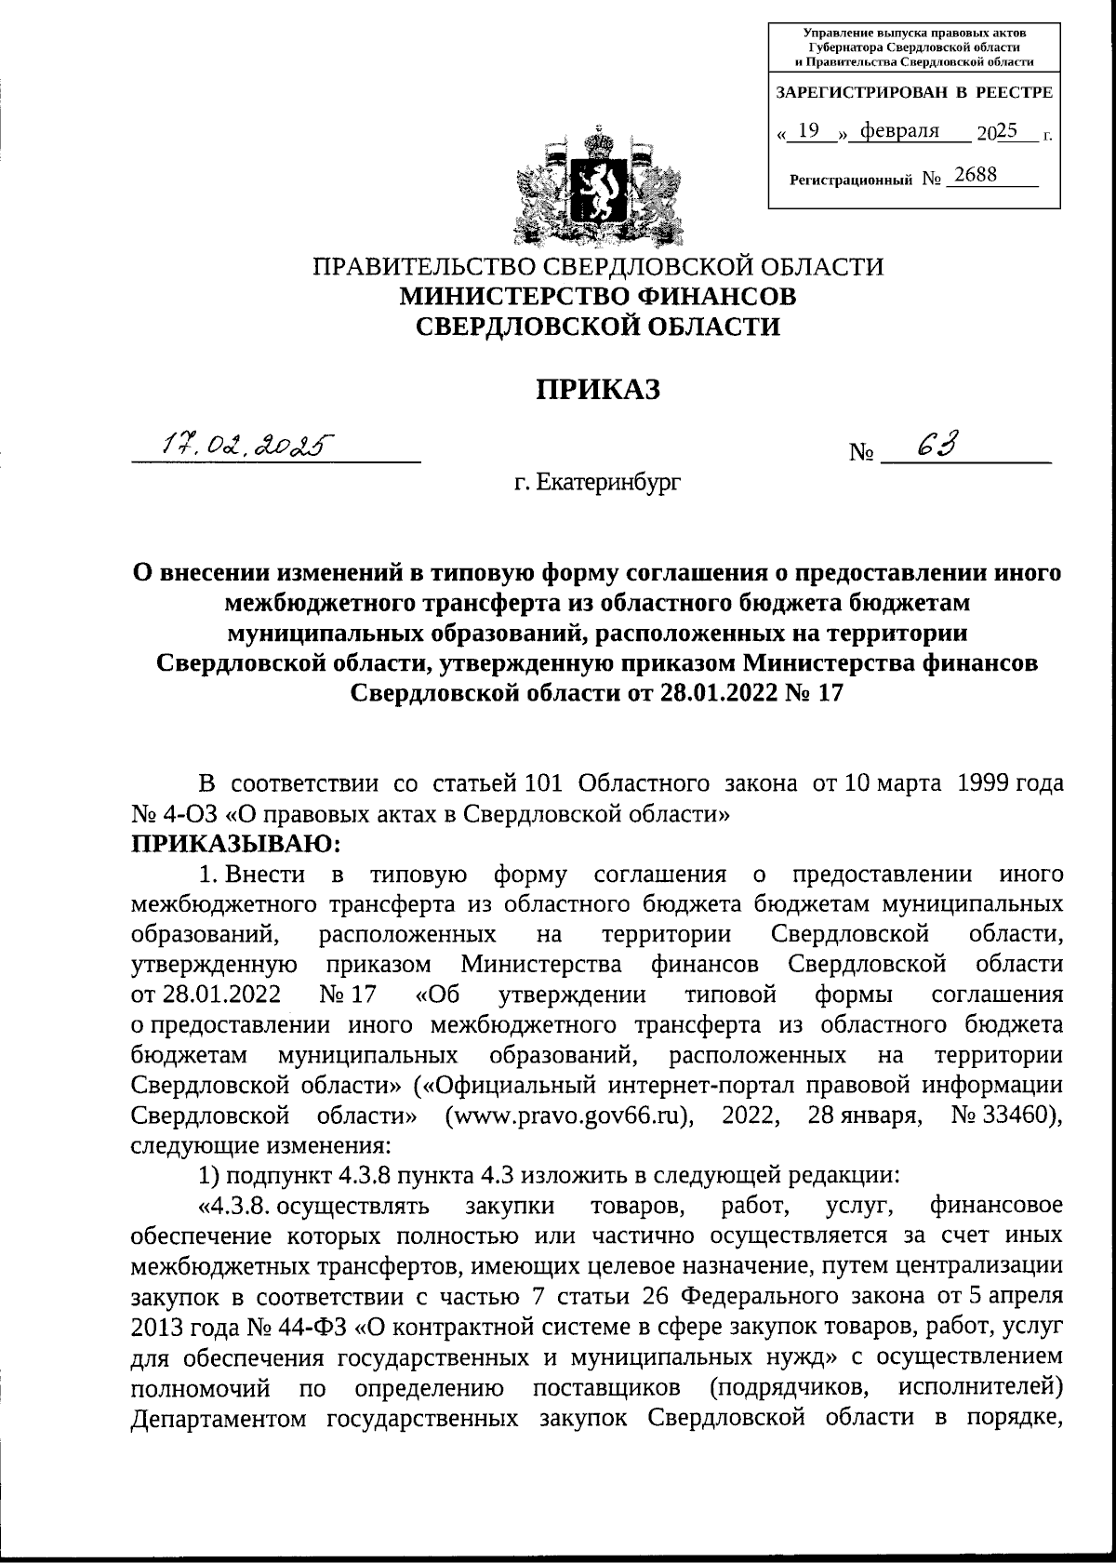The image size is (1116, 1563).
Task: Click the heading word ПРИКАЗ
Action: (597, 389)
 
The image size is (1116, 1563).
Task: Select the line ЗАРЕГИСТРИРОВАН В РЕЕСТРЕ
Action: (913, 93)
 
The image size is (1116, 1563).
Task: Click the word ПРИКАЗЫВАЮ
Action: (237, 844)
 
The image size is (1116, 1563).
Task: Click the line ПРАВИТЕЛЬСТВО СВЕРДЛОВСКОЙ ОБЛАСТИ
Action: (598, 266)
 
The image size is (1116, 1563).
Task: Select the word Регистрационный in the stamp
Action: (851, 179)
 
